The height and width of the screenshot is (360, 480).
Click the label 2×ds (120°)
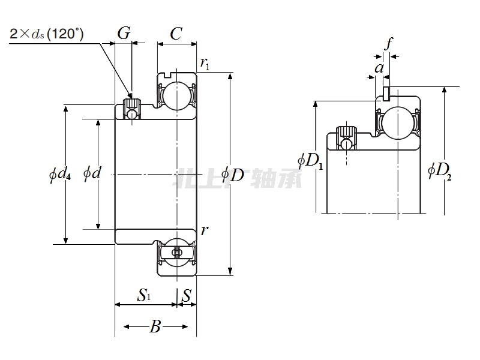[x=47, y=34]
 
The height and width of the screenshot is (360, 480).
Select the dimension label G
[x=123, y=34]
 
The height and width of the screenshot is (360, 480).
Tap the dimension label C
[x=176, y=34]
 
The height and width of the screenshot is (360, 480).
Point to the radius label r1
[x=205, y=63]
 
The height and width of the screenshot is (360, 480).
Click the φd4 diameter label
[x=60, y=175]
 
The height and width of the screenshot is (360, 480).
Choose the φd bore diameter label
[x=92, y=174]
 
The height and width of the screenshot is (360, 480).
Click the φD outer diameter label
[x=233, y=175]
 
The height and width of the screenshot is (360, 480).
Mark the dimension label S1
[x=144, y=295]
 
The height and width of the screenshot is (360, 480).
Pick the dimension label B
[x=155, y=327]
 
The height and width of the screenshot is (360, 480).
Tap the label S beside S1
[x=187, y=295]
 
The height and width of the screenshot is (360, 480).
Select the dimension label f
[x=389, y=43]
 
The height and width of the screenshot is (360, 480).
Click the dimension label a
[x=379, y=68]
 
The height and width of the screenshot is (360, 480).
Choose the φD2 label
[x=439, y=170]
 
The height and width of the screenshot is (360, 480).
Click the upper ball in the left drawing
[x=176, y=94]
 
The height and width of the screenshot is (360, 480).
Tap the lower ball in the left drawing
[x=176, y=253]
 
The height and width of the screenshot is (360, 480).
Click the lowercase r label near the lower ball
[x=205, y=230]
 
